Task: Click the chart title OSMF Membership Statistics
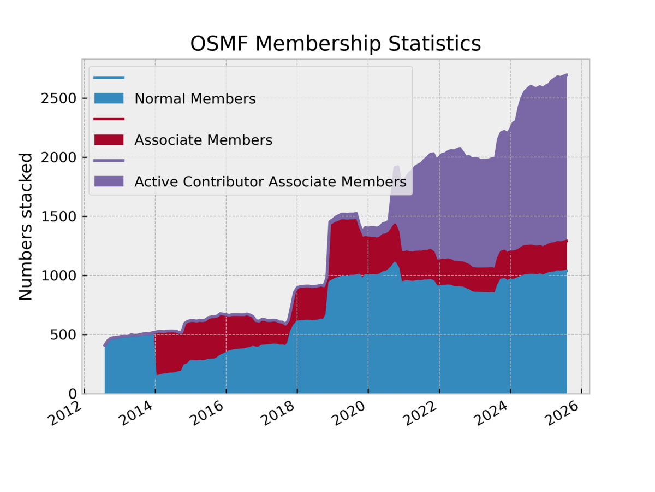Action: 335,44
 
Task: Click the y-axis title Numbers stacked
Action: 26,226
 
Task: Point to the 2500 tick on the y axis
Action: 59,98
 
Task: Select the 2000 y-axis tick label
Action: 59,157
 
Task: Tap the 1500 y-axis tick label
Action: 59,216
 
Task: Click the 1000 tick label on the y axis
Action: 59,276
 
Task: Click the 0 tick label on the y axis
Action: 71,393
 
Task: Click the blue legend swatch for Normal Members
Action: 109,98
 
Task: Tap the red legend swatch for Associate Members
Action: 109,140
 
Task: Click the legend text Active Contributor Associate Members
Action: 270,181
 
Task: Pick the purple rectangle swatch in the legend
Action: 109,181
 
